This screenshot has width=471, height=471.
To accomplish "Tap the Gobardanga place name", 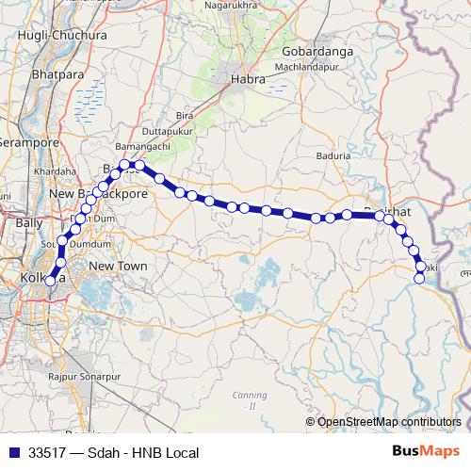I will [x=316, y=51].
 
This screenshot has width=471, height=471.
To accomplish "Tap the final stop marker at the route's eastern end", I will [x=420, y=277].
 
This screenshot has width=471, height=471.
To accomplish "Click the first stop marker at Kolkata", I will [x=50, y=281].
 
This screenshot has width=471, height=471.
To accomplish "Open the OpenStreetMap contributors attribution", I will [x=389, y=421].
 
